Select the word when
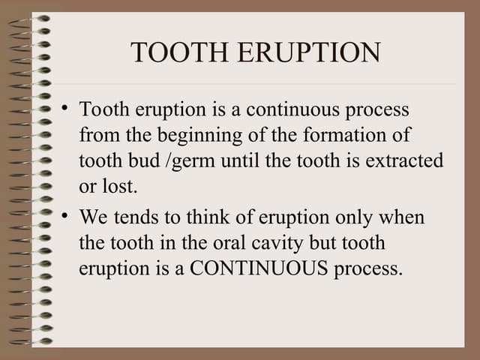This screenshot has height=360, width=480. click(x=403, y=217)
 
